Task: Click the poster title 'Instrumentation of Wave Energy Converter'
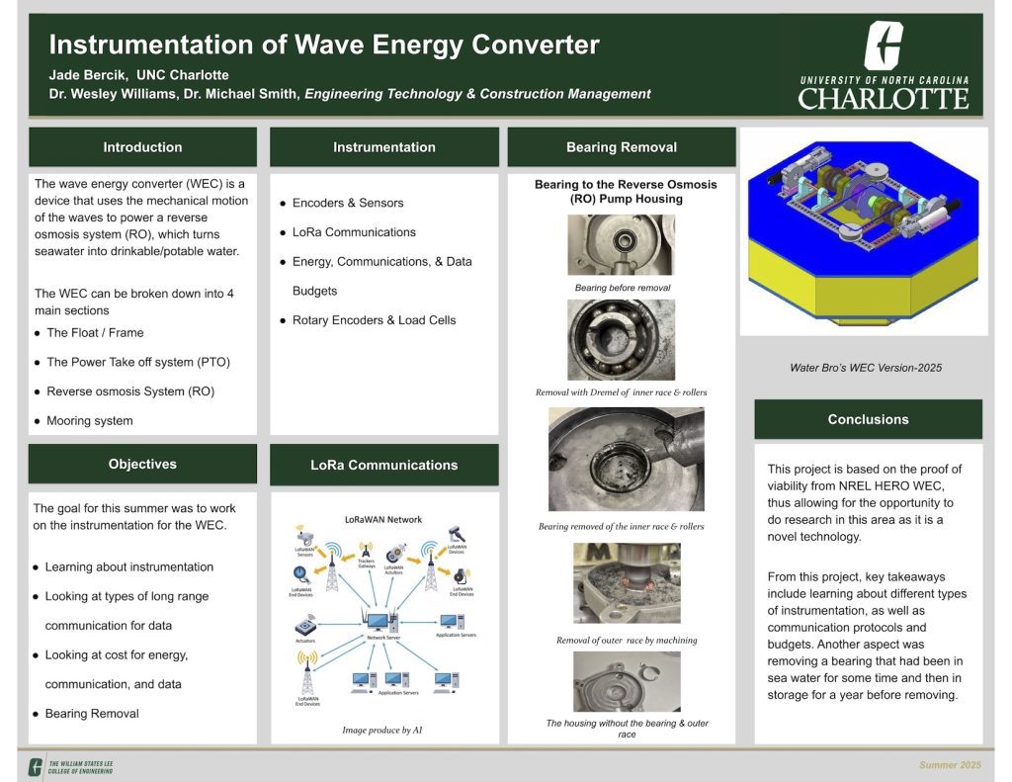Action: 324,45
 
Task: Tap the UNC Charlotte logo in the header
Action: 883,66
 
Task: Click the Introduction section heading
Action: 142,147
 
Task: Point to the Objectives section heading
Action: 142,464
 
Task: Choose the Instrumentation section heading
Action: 383,147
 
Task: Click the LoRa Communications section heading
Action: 383,465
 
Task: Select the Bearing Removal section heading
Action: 621,147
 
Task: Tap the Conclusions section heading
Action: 868,419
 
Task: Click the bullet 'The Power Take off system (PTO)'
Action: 137,362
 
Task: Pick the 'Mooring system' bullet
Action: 89,420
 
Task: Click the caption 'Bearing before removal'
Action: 622,288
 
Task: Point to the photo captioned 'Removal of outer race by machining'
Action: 627,583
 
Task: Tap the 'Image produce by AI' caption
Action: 382,731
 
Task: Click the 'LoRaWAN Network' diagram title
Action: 382,519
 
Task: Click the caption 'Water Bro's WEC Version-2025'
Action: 865,368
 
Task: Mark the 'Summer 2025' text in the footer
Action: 950,765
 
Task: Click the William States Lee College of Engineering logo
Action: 71,765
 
